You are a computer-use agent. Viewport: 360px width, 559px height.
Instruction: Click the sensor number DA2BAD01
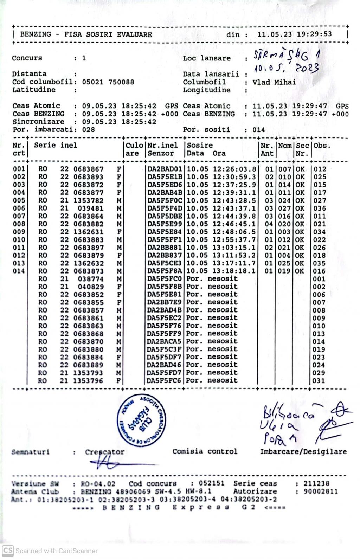tap(165, 169)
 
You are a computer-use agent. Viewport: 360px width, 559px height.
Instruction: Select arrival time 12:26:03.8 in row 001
tap(234, 169)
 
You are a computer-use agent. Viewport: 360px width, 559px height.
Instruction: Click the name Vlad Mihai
tap(274, 82)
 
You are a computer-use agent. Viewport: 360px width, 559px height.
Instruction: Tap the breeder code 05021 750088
tap(108, 82)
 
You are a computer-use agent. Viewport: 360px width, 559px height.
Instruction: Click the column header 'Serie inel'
tap(55, 146)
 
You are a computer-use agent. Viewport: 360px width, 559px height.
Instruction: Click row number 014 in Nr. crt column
tap(19, 271)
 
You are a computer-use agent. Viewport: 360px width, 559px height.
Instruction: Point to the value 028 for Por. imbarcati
tap(88, 130)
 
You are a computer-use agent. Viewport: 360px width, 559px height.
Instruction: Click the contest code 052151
tap(211, 483)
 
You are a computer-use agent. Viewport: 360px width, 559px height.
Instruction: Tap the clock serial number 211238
tap(316, 483)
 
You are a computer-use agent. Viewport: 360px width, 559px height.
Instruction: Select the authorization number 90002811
tap(321, 491)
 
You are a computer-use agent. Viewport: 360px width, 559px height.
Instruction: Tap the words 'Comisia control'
tap(205, 451)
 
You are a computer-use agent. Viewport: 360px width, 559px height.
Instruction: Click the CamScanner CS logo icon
tap(7, 551)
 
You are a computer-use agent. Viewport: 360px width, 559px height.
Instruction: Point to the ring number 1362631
tap(88, 232)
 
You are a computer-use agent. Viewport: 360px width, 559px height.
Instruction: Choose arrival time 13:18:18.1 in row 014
tap(234, 271)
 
